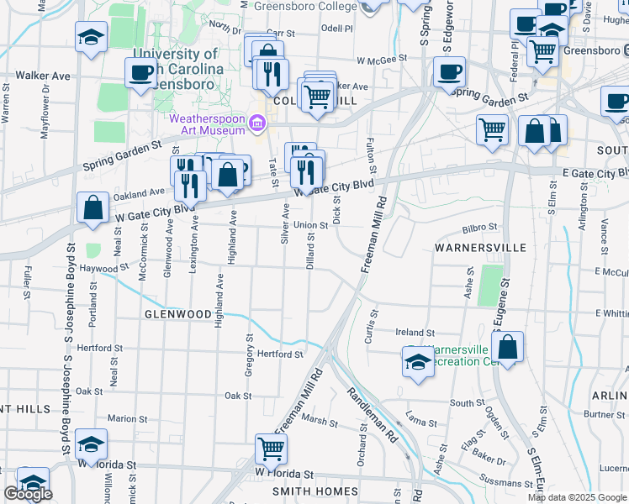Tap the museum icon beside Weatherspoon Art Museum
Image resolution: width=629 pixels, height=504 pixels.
coord(258,124)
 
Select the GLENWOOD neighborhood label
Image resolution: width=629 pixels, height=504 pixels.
coord(177,313)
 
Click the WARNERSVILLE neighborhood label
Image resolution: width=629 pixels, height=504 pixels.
coord(480,248)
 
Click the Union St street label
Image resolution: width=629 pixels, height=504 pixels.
coord(309,225)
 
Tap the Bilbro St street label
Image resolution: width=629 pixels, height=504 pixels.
coord(480,227)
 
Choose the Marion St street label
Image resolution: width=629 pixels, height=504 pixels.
coord(122,418)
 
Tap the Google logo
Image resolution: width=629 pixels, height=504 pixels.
coord(28,494)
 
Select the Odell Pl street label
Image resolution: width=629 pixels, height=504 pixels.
coord(336,28)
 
